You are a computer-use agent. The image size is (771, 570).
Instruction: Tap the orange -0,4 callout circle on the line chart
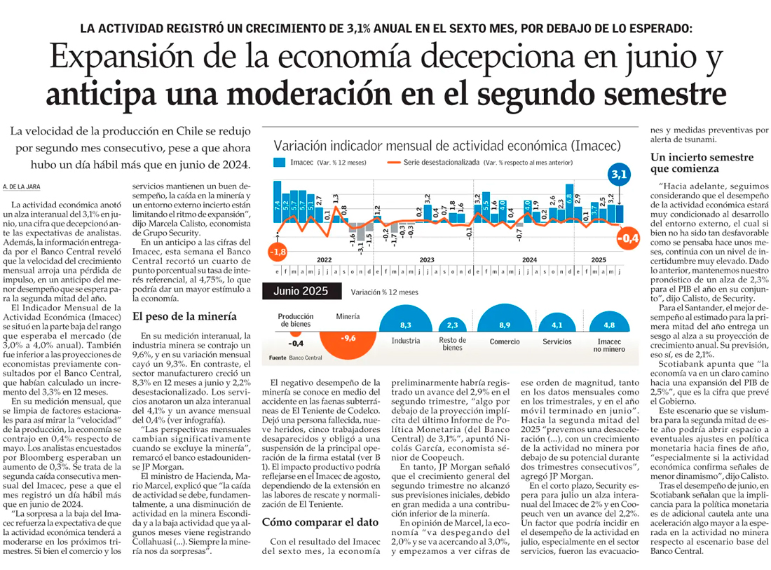628,239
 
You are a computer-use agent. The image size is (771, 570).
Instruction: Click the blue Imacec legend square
278,163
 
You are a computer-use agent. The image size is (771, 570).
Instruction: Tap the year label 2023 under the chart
426,259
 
